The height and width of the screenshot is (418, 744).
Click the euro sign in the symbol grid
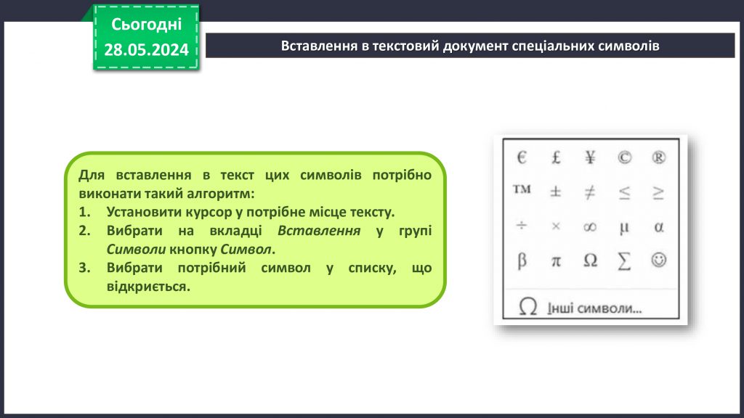pos(522,157)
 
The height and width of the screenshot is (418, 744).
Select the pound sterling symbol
pos(556,157)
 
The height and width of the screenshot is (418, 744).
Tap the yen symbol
pos(590,157)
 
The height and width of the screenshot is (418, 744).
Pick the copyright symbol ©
pos(624,157)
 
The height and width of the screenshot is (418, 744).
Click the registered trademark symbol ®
pos(658,157)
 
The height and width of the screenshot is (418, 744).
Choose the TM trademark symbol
pos(522,190)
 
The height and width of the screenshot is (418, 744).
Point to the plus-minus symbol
pos(556,192)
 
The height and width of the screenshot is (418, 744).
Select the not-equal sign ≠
pos(590,192)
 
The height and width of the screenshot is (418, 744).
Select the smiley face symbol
pos(658,261)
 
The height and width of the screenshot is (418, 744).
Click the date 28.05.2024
pos(146,49)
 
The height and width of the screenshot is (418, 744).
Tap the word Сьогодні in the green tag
pos(146,25)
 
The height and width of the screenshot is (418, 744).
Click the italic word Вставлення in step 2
pos(320,231)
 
